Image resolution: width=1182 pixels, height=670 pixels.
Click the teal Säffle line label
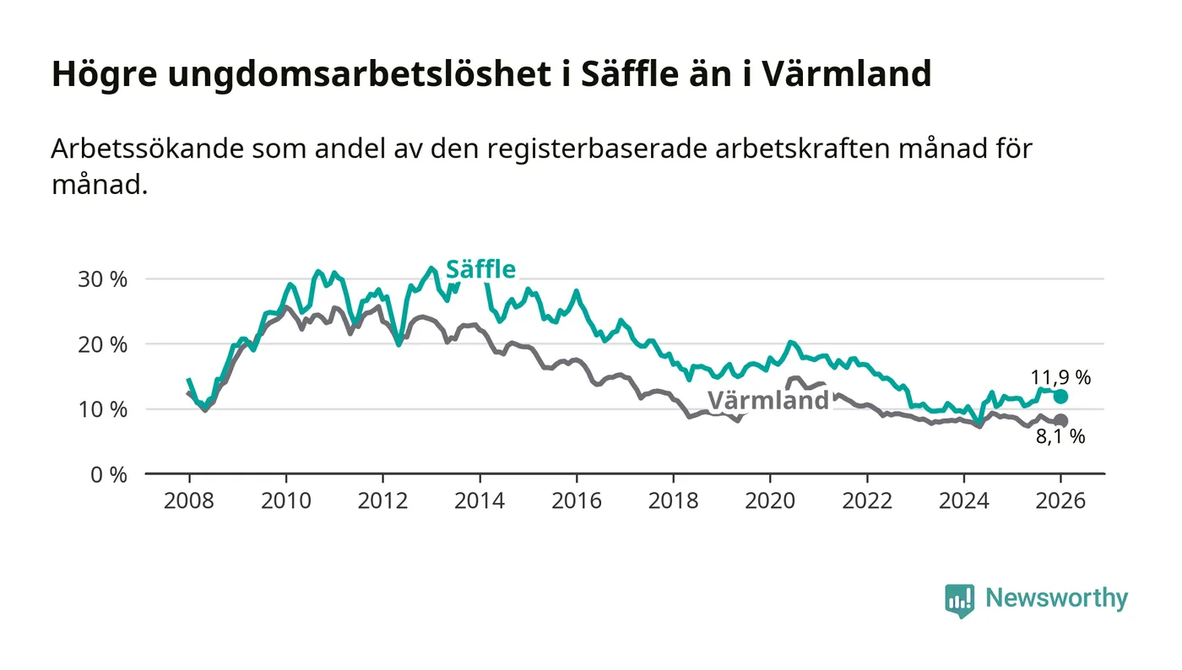point(480,269)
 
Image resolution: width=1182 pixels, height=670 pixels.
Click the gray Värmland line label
point(768,400)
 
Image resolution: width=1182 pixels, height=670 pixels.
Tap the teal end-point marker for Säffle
point(1060,397)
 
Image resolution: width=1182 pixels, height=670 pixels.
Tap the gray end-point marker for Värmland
point(1060,421)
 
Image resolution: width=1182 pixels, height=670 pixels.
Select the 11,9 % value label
point(1060,377)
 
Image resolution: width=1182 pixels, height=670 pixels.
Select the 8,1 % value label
point(1060,437)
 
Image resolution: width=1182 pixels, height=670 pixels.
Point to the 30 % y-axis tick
point(103,279)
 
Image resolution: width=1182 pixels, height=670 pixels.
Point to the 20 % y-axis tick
point(103,344)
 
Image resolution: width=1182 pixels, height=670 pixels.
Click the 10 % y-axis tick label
point(103,409)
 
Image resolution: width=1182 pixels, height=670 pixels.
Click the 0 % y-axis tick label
point(108,474)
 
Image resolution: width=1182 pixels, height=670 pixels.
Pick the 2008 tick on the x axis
point(189,500)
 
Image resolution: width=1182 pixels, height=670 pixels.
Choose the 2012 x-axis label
point(382,500)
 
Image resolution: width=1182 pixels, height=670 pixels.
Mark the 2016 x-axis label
point(577,500)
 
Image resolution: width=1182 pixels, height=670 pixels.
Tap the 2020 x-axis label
point(770,500)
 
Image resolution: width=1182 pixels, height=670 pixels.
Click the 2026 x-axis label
point(1060,500)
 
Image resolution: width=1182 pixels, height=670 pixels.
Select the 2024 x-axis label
point(963,500)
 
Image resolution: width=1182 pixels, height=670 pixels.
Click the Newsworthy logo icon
point(959,600)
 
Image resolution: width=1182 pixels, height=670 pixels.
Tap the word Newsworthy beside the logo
point(1056,598)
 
